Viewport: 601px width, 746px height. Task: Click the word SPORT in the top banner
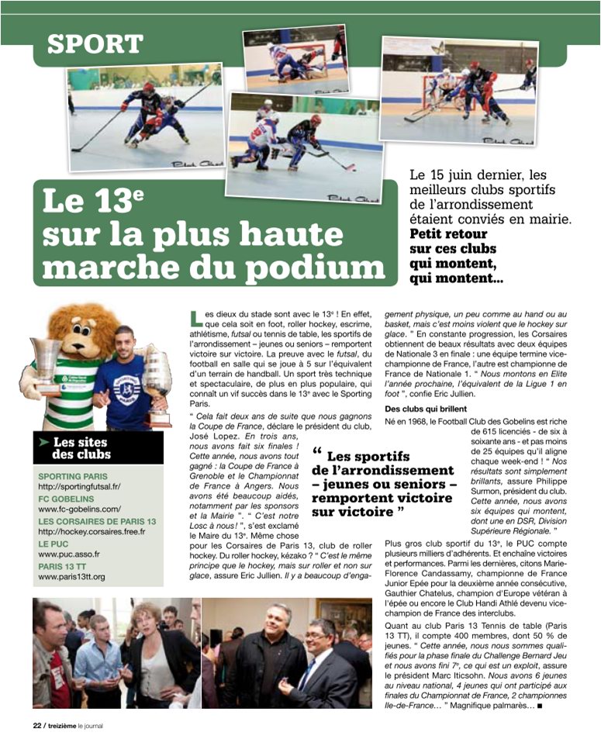click(95, 43)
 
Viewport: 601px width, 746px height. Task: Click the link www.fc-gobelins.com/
click(79, 509)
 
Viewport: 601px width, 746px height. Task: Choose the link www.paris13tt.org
click(71, 577)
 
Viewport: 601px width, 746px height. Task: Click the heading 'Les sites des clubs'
click(81, 447)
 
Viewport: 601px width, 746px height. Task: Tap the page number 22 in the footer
click(36, 726)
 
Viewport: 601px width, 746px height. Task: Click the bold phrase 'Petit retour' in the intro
click(448, 234)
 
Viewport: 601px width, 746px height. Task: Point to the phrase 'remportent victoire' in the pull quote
click(383, 498)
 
